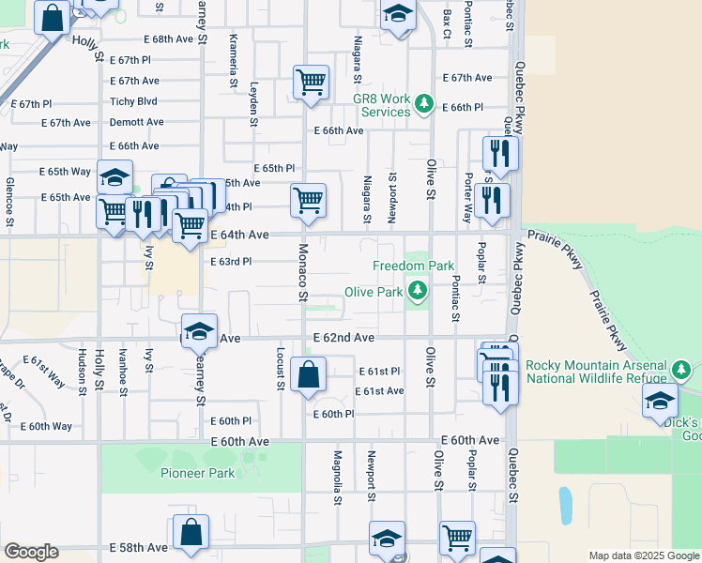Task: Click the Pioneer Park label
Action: (x=197, y=473)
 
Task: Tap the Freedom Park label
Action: (x=413, y=266)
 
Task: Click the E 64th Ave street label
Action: (x=239, y=235)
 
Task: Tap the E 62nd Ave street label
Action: (x=344, y=337)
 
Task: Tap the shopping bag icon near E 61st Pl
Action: (x=308, y=374)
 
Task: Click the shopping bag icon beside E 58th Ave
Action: (x=191, y=532)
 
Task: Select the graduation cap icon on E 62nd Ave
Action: (x=199, y=331)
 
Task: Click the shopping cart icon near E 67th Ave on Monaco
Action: (x=311, y=82)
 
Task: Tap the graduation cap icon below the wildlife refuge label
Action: (x=661, y=400)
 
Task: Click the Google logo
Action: (x=31, y=552)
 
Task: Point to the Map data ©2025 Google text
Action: (x=643, y=555)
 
